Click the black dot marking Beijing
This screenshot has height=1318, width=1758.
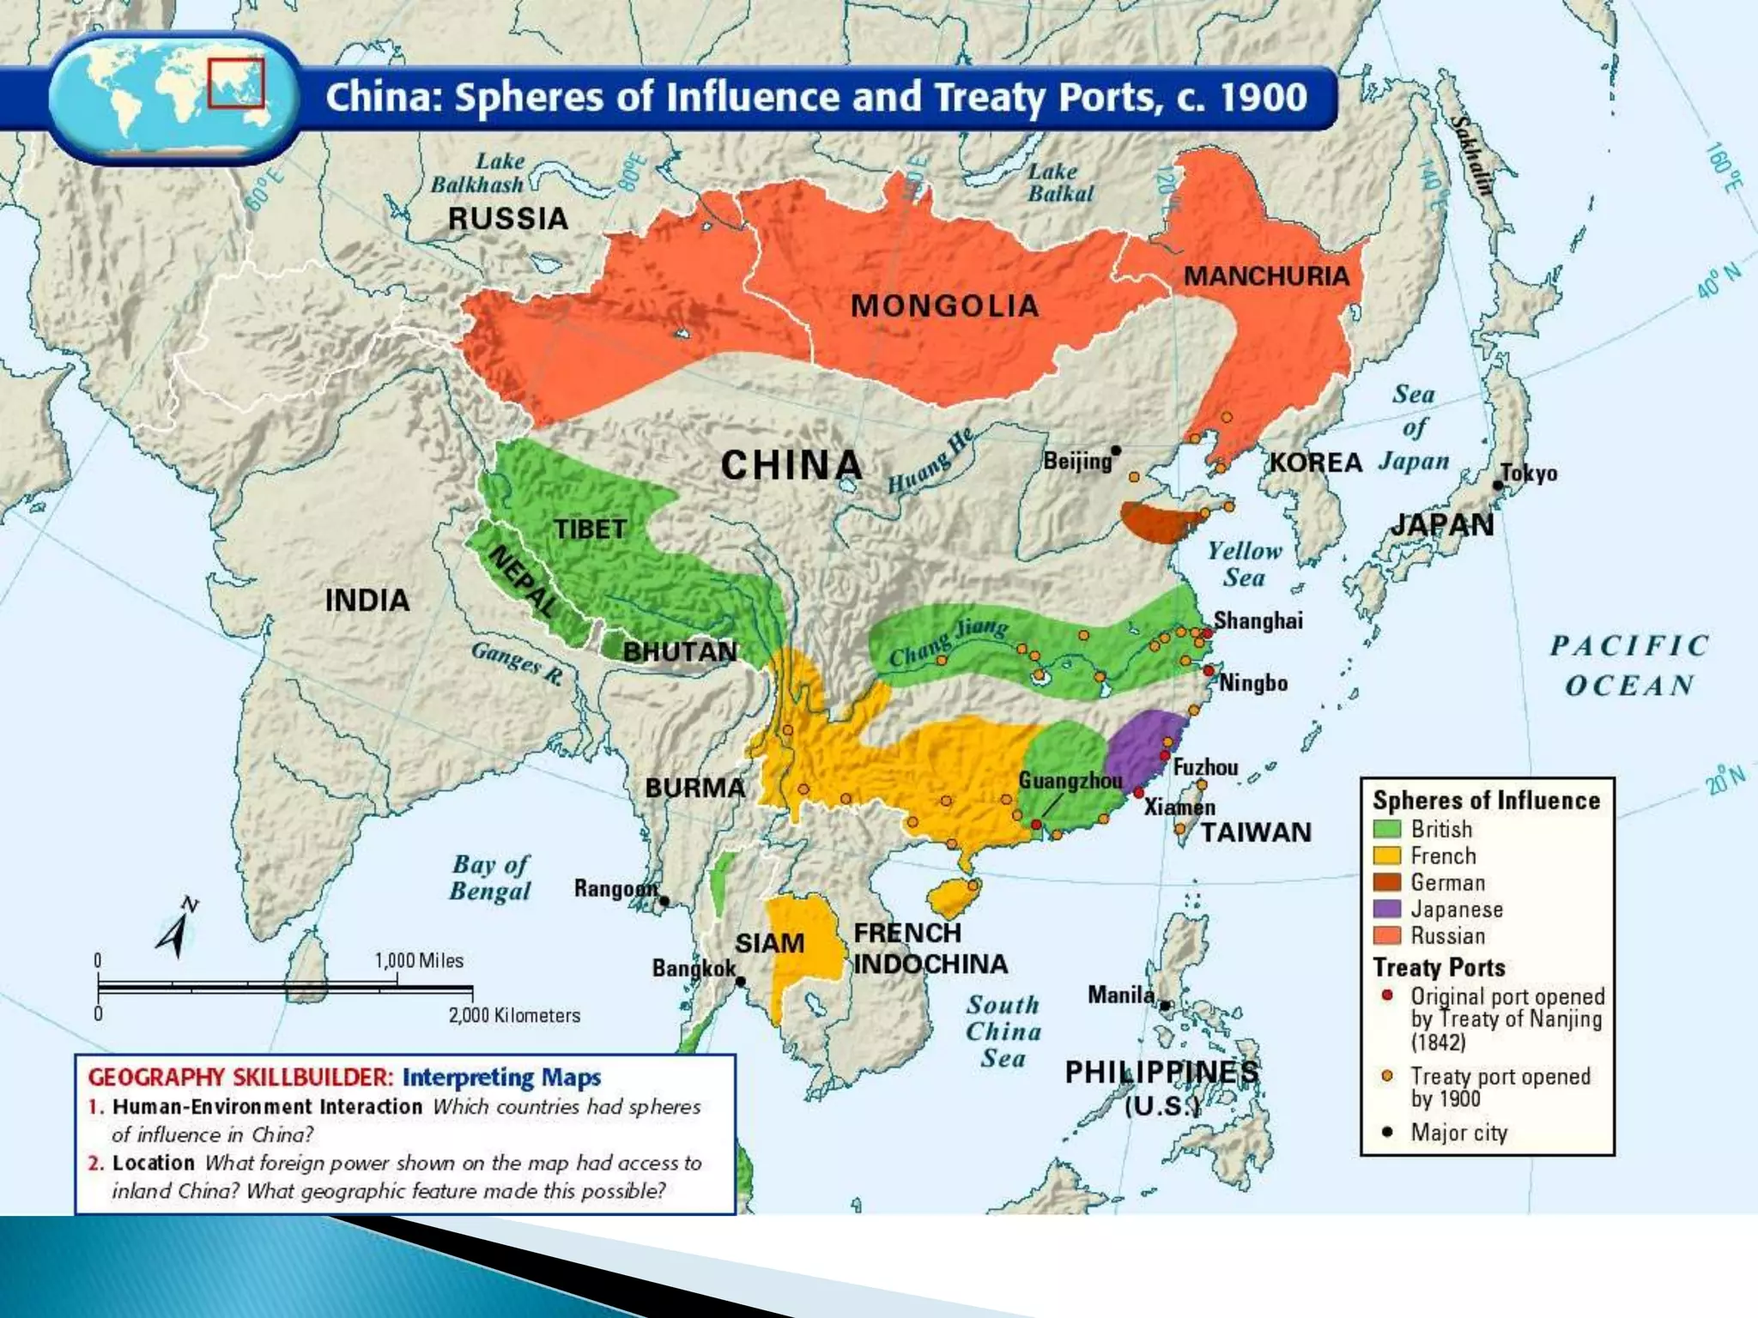pyautogui.click(x=1116, y=450)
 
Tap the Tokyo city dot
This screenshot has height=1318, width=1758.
pyautogui.click(x=1498, y=485)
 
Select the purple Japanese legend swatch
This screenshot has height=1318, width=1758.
pyautogui.click(x=1387, y=909)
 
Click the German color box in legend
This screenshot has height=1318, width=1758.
pyautogui.click(x=1387, y=882)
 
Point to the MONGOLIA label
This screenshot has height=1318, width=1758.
pyautogui.click(x=944, y=305)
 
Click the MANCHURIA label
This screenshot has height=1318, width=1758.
pyautogui.click(x=1266, y=276)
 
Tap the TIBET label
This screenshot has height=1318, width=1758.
pyautogui.click(x=590, y=529)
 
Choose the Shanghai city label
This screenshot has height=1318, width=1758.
pyautogui.click(x=1258, y=620)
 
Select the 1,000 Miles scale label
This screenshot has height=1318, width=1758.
pyautogui.click(x=419, y=960)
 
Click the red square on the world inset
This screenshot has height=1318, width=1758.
pyautogui.click(x=236, y=82)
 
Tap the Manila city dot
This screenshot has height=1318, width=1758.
pyautogui.click(x=1165, y=1006)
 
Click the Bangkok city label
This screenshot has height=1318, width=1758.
pyautogui.click(x=694, y=969)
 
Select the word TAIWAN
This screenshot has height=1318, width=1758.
pyautogui.click(x=1255, y=832)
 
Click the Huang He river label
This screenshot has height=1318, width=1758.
pyautogui.click(x=931, y=461)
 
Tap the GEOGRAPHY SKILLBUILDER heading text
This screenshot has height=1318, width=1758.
pyautogui.click(x=240, y=1077)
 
